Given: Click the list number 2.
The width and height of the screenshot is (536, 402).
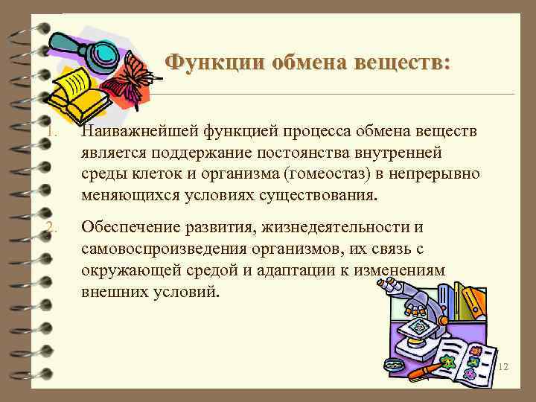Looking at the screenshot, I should [x=49, y=227].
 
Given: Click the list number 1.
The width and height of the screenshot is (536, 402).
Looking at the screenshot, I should [x=49, y=133].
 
